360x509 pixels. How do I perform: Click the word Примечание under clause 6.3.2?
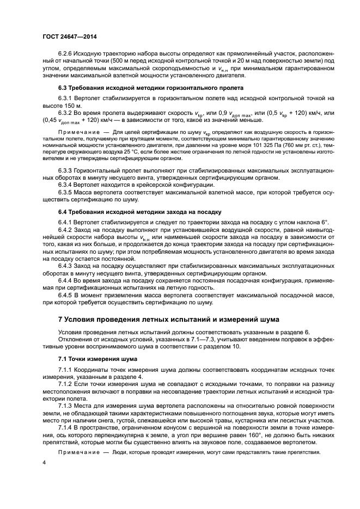(x=75, y=132)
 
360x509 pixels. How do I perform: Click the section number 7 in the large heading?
(x=60, y=318)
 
